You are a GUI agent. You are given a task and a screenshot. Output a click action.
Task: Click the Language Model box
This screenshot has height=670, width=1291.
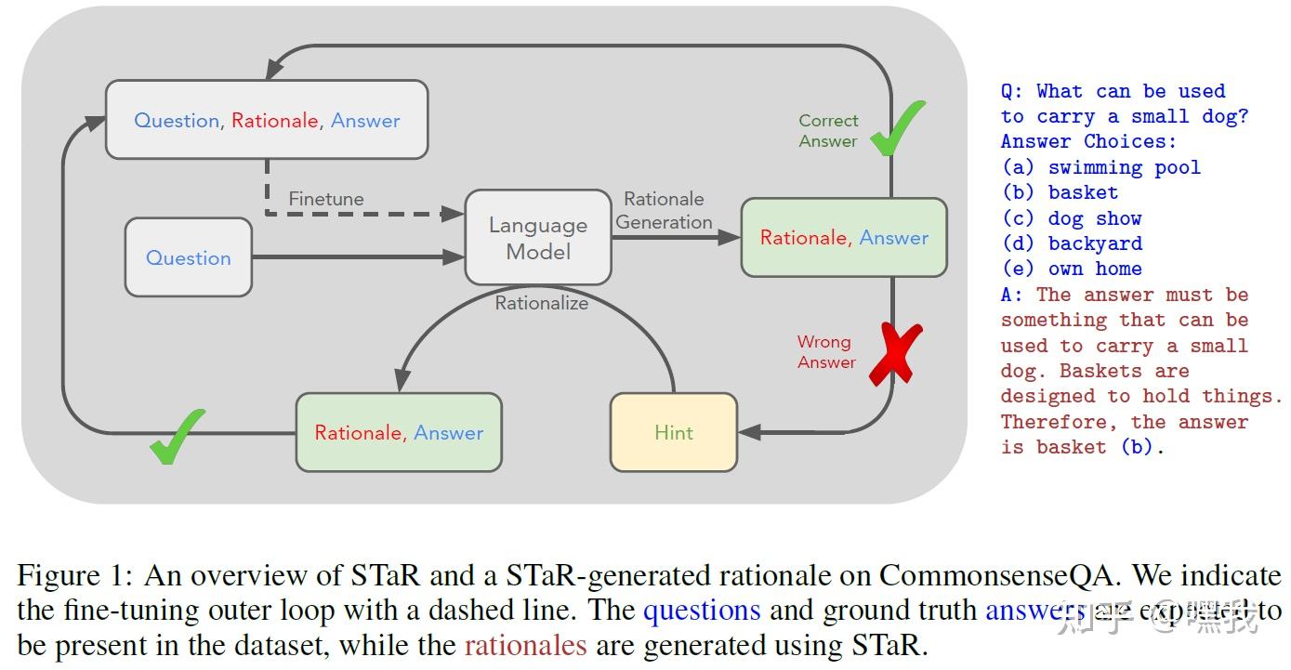click(538, 238)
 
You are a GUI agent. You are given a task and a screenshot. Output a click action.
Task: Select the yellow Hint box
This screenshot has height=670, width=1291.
click(674, 432)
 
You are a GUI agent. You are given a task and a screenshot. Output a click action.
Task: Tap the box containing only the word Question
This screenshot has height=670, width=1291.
click(189, 257)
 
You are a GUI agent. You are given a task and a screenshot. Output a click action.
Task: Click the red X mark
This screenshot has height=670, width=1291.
click(895, 354)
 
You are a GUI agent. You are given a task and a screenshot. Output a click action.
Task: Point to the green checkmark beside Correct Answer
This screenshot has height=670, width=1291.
click(897, 129)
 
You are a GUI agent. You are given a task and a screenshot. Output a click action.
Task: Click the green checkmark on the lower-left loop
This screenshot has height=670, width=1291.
click(177, 436)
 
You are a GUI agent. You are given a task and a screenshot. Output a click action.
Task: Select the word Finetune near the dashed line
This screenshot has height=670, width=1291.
click(326, 199)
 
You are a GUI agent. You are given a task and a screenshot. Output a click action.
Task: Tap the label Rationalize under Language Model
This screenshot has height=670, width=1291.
click(541, 303)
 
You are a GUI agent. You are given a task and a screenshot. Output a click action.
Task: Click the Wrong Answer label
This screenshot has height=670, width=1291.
click(825, 352)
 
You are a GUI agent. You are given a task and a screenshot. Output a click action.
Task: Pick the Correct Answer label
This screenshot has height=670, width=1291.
click(828, 130)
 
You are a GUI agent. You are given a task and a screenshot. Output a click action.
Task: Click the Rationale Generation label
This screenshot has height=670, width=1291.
click(664, 211)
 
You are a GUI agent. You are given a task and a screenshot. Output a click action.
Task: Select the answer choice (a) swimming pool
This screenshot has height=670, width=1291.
click(1100, 167)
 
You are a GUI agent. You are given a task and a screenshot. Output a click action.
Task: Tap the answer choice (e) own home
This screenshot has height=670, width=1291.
click(1072, 269)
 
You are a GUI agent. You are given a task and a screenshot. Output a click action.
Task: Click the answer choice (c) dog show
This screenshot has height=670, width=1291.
click(1072, 218)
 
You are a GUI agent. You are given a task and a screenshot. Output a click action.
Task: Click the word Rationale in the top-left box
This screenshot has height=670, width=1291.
click(274, 121)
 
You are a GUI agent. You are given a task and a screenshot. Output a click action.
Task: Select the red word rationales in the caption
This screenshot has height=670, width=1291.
click(526, 645)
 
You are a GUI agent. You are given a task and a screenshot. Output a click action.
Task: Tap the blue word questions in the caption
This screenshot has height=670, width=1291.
click(702, 611)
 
